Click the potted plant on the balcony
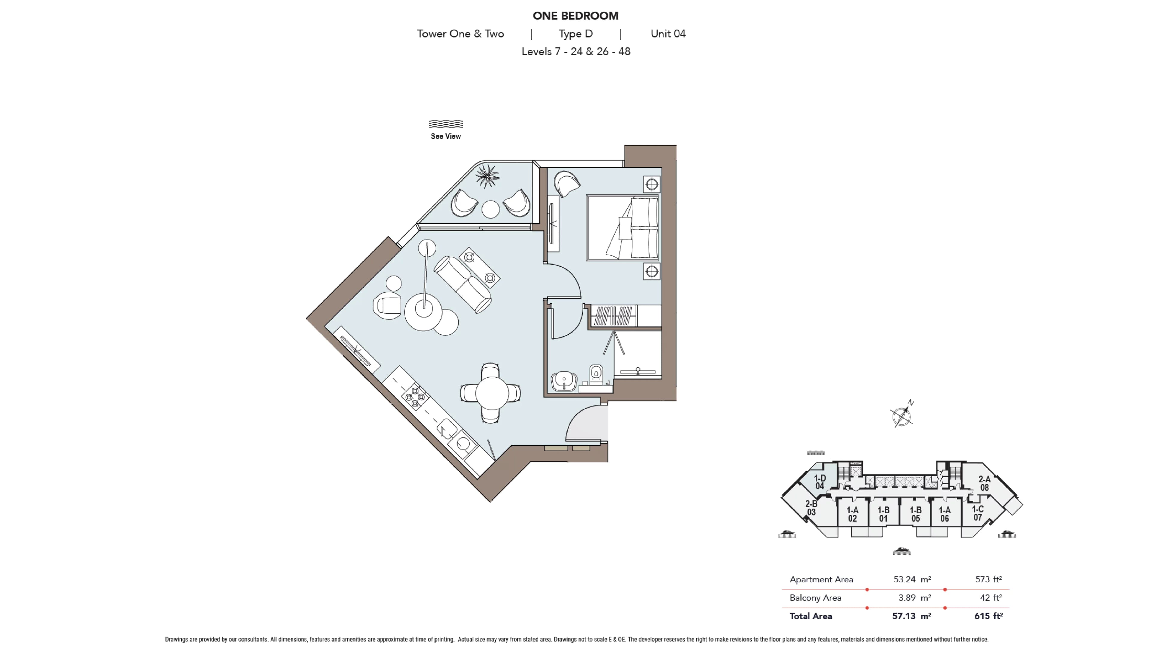coord(487,176)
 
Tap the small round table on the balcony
coord(490,209)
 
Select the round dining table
coord(491,393)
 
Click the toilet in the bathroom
coord(596,375)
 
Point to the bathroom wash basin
coord(564,381)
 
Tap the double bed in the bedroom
coord(622,228)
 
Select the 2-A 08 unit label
coord(984,483)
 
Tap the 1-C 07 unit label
coord(978,513)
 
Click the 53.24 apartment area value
coord(904,580)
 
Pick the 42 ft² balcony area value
coord(991,598)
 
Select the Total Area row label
coord(811,616)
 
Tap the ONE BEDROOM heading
coord(576,16)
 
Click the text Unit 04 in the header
coord(668,34)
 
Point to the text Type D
coord(576,34)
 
